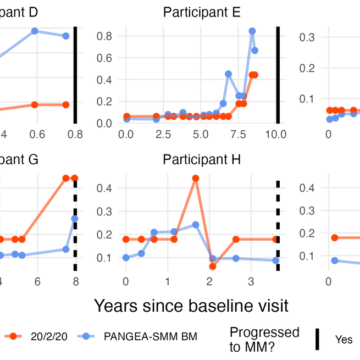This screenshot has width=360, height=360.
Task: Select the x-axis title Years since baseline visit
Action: coord(191,305)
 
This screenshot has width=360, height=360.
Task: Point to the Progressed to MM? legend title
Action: coord(264,339)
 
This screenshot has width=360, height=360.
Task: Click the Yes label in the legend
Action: coord(344,340)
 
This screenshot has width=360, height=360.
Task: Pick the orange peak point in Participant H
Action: coord(195,178)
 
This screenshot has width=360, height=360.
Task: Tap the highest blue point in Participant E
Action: coord(252,31)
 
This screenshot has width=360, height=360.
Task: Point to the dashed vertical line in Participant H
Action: coord(278,225)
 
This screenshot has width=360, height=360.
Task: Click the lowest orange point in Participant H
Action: coord(213,267)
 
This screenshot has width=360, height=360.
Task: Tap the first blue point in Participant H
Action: coord(126,257)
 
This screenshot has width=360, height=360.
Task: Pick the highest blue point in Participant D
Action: coord(35,31)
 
